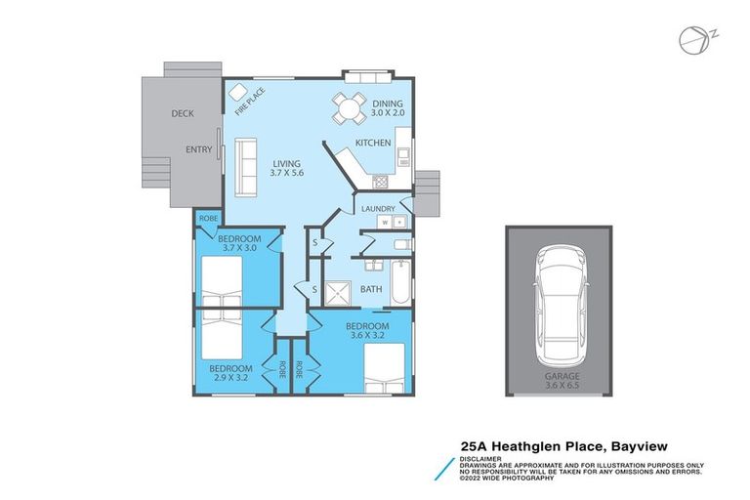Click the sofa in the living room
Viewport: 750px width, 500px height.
click(244, 156)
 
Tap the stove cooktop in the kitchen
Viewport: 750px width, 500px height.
click(381, 181)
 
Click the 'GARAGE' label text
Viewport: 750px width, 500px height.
click(560, 376)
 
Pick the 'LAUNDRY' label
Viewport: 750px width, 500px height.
click(377, 209)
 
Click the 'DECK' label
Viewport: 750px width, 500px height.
click(183, 113)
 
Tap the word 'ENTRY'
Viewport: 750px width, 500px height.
click(199, 149)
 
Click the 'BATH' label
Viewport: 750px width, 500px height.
click(371, 289)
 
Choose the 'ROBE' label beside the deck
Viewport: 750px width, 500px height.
click(207, 218)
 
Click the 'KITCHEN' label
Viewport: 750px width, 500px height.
click(373, 144)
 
